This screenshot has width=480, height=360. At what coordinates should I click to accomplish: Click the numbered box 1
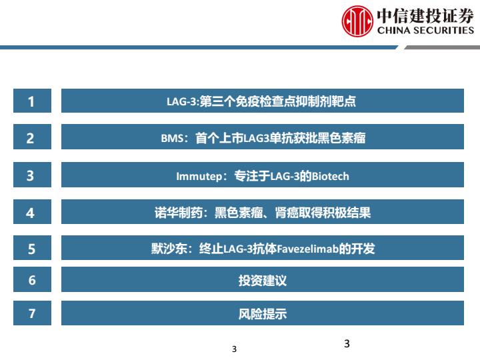pyautogui.click(x=32, y=101)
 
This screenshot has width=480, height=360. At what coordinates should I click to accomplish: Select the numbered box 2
pyautogui.click(x=32, y=137)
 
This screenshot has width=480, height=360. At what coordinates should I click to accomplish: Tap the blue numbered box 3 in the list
pyautogui.click(x=32, y=175)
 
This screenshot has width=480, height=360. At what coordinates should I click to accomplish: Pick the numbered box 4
pyautogui.click(x=32, y=212)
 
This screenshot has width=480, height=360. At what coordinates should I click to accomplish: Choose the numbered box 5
pyautogui.click(x=32, y=247)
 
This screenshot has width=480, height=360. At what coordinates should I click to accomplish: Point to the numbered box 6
pyautogui.click(x=32, y=279)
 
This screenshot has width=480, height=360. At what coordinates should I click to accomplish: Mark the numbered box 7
pyautogui.click(x=32, y=313)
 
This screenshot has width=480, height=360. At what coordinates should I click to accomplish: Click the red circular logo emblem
pyautogui.click(x=357, y=21)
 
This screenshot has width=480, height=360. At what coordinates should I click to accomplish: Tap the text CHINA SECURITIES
pyautogui.click(x=425, y=30)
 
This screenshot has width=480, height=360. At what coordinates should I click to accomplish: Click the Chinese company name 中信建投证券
pyautogui.click(x=425, y=15)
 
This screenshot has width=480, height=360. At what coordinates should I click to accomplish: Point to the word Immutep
pyautogui.click(x=199, y=177)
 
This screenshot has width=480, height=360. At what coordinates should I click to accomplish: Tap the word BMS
pyautogui.click(x=172, y=139)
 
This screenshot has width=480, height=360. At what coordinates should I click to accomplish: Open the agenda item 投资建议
pyautogui.click(x=263, y=280)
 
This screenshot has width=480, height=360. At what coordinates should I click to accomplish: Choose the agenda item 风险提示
pyautogui.click(x=263, y=314)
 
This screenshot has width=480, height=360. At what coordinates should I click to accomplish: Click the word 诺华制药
pyautogui.click(x=178, y=213)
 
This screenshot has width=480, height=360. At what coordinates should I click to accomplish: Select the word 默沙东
pyautogui.click(x=169, y=249)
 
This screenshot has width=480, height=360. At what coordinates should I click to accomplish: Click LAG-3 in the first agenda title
pyautogui.click(x=182, y=101)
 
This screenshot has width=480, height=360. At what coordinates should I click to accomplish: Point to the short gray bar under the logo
pyautogui.click(x=443, y=47)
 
